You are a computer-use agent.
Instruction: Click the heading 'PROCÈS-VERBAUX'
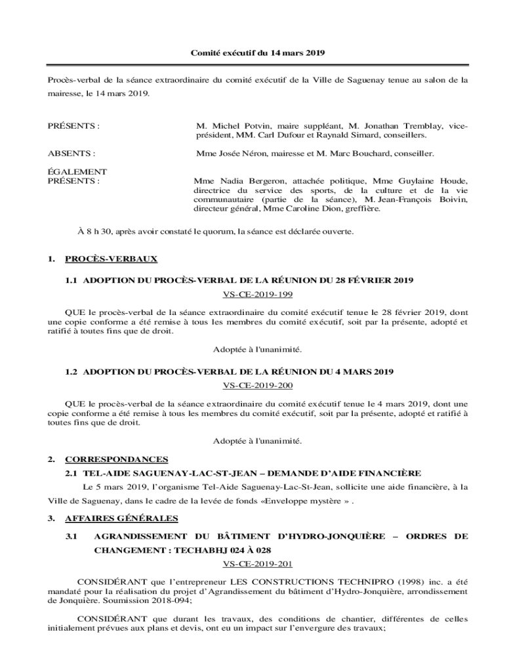[x=111, y=259]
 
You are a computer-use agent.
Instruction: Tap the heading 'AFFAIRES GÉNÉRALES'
[x=121, y=518]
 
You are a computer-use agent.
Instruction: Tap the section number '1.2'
[x=71, y=371]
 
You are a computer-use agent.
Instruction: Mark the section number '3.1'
[x=71, y=536]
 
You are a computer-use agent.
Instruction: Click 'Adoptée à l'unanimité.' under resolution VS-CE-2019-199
[x=257, y=348]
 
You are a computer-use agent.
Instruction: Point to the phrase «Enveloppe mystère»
[x=319, y=502]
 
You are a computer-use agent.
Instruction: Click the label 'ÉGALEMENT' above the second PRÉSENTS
[x=77, y=171]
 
